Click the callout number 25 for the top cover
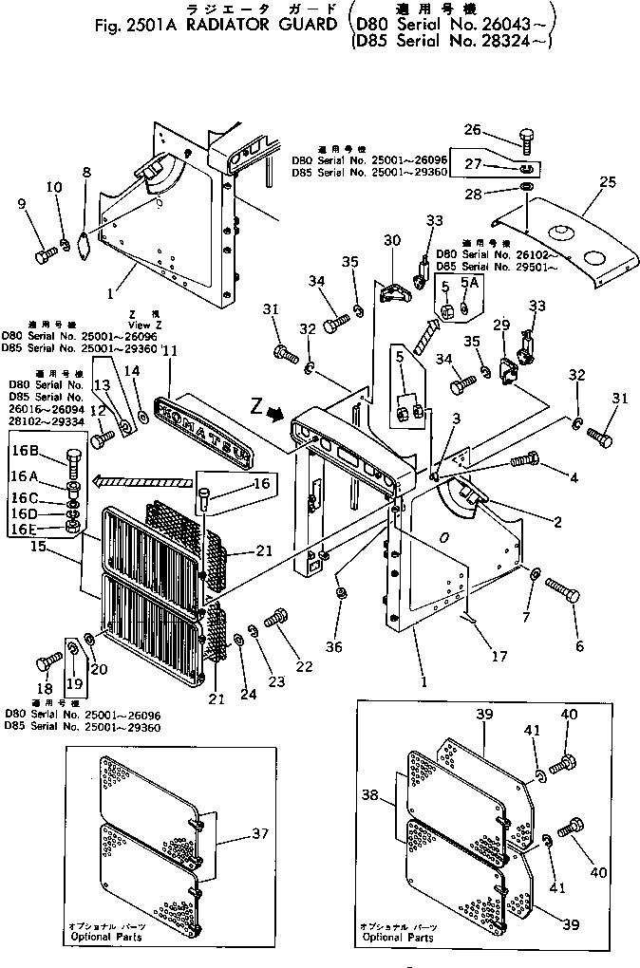click(608, 180)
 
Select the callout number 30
click(390, 241)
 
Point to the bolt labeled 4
click(524, 461)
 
